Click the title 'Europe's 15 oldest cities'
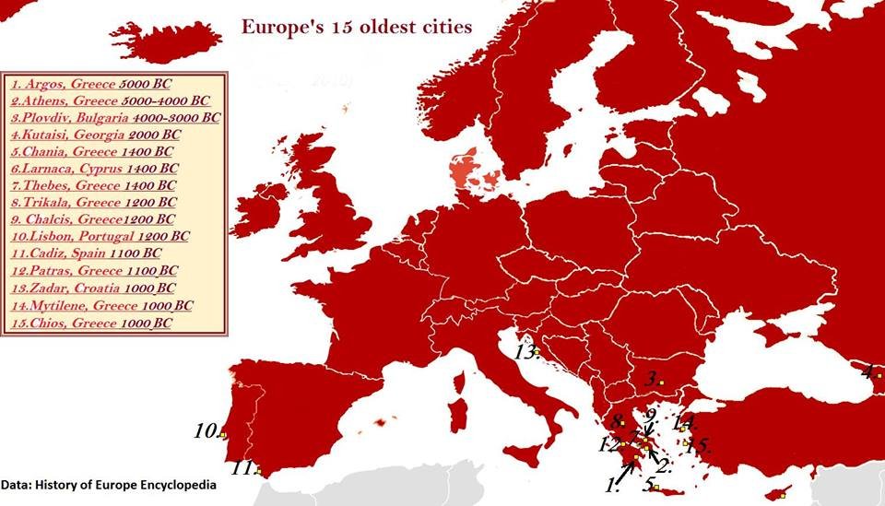pyautogui.click(x=357, y=26)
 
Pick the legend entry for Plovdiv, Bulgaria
pyautogui.click(x=116, y=118)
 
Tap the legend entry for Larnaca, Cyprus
pyautogui.click(x=94, y=170)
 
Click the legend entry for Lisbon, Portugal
pyautogui.click(x=100, y=237)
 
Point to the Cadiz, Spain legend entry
pyautogui.click(x=86, y=253)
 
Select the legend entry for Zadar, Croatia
pyautogui.click(x=92, y=288)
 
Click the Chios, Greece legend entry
pyautogui.click(x=90, y=324)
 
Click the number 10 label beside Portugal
pyautogui.click(x=206, y=430)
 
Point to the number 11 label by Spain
pyautogui.click(x=242, y=468)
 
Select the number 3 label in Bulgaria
pyautogui.click(x=651, y=378)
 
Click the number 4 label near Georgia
pyautogui.click(x=869, y=373)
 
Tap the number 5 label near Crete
pyautogui.click(x=650, y=486)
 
